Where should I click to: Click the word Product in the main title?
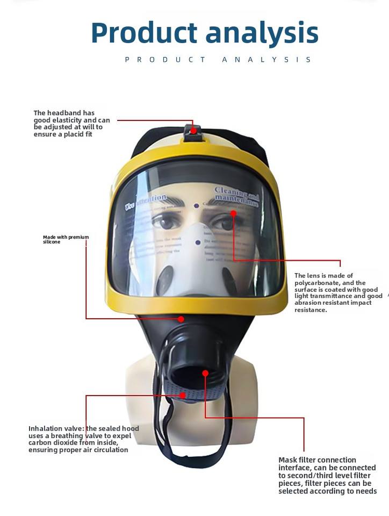144,33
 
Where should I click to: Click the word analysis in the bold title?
262,33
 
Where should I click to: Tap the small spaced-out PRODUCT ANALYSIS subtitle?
218,60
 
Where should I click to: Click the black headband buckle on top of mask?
193,132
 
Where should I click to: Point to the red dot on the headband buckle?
193,130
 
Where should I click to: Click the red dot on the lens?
233,213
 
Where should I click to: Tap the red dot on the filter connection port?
205,372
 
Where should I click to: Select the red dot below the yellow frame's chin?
181,319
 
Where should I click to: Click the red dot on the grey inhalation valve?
183,395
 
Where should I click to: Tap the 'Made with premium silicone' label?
66,239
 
